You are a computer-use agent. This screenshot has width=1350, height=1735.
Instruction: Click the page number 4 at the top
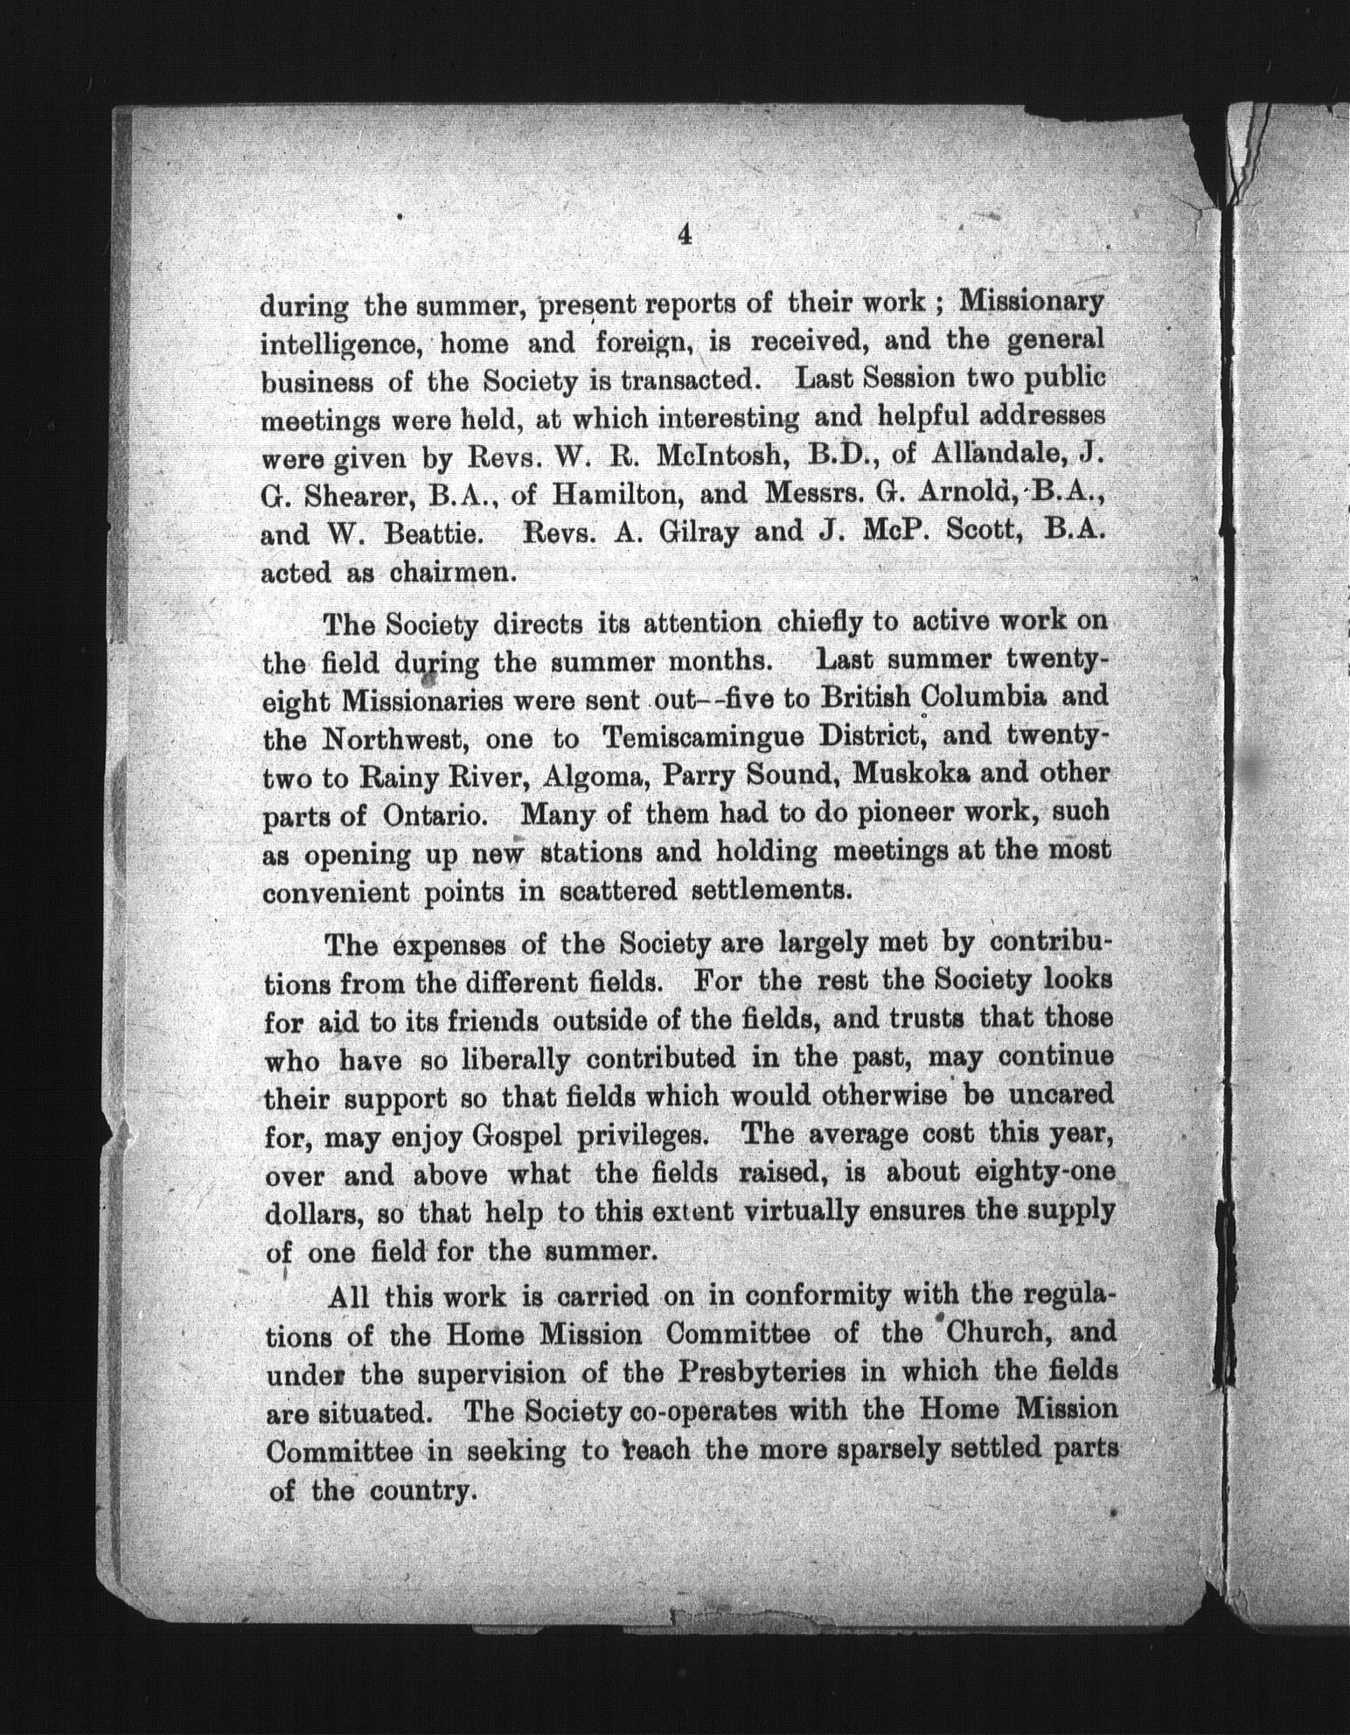coord(685,234)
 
